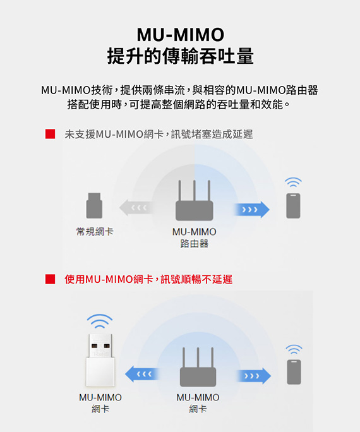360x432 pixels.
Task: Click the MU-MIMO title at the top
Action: click(x=181, y=35)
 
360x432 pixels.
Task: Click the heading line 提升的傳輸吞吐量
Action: click(x=181, y=56)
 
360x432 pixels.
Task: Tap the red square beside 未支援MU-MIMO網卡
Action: click(x=50, y=134)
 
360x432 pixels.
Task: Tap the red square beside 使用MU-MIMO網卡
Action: click(x=50, y=279)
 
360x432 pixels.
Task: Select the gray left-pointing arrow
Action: click(x=136, y=207)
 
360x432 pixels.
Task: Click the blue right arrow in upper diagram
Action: click(x=252, y=210)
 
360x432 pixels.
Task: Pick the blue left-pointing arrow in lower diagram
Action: click(x=142, y=374)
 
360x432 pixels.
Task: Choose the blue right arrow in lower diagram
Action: click(x=254, y=376)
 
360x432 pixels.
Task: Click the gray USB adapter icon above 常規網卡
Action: click(x=94, y=205)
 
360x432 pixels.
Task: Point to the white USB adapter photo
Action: click(x=100, y=360)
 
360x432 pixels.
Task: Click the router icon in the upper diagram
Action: click(x=194, y=200)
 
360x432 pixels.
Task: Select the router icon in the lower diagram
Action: click(x=198, y=367)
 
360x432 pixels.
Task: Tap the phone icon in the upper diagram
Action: click(x=293, y=206)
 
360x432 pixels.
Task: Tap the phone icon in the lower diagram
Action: click(x=294, y=372)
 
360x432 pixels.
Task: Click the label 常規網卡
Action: click(x=95, y=231)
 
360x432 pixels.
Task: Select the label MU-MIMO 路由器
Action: click(x=194, y=237)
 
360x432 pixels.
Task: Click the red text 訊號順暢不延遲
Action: click(x=196, y=279)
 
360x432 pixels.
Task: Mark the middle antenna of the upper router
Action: click(x=194, y=191)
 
